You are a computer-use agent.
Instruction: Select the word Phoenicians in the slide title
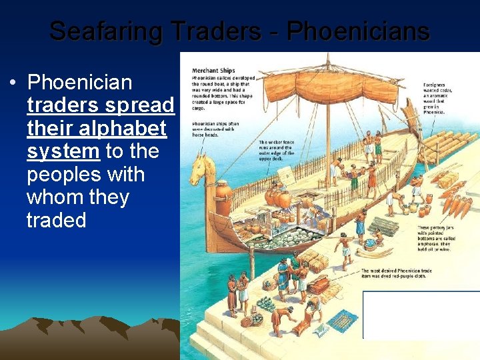pyautogui.click(x=357, y=31)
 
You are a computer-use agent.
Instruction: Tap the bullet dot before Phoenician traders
pyautogui.click(x=13, y=83)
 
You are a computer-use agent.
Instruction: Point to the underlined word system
pyautogui.click(x=63, y=151)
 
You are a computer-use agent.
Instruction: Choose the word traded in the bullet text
pyautogui.click(x=57, y=220)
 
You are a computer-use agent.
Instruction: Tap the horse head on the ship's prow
pyautogui.click(x=197, y=175)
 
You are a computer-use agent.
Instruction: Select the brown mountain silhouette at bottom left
pyautogui.click(x=87, y=337)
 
